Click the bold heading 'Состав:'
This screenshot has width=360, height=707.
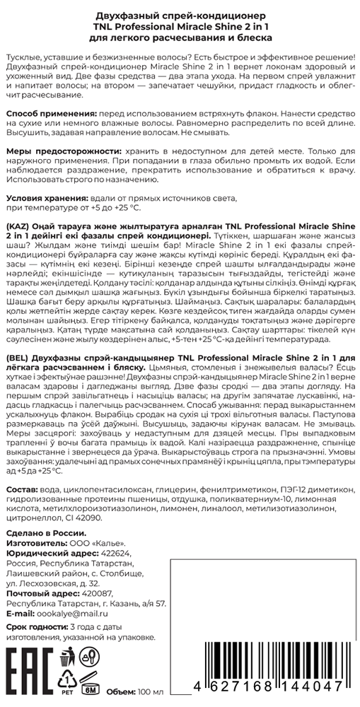[21, 490]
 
